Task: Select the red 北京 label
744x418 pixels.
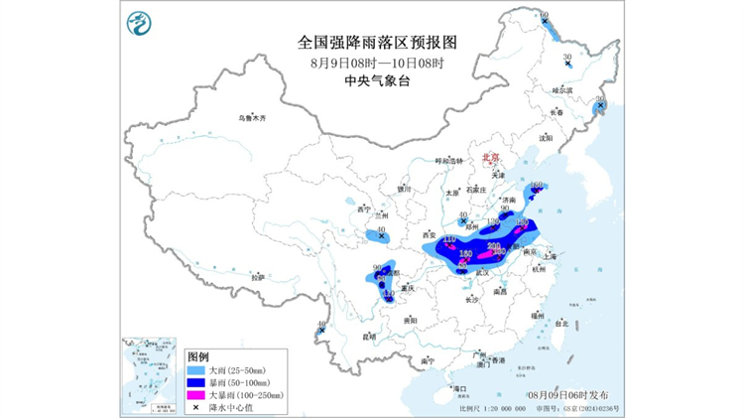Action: point(489,157)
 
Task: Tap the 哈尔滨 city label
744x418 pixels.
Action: point(562,90)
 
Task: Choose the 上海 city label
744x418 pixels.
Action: point(558,256)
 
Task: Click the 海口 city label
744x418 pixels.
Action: point(458,387)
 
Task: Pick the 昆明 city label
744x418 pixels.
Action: point(370,336)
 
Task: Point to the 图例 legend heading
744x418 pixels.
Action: point(198,356)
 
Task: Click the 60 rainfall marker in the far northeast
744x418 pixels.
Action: point(543,17)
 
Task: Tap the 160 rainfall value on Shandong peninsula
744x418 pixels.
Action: point(537,186)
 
